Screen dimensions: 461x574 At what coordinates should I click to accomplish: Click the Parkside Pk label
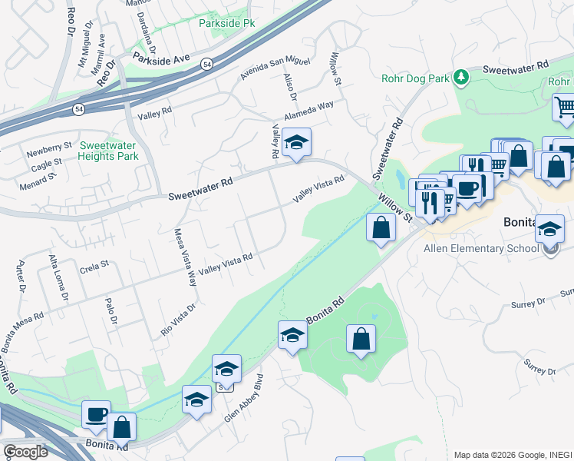point(226,24)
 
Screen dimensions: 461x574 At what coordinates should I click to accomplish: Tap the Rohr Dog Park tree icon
point(461,76)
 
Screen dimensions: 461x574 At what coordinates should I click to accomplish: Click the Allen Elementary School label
point(481,248)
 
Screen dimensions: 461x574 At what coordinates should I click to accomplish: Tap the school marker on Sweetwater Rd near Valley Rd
point(296,142)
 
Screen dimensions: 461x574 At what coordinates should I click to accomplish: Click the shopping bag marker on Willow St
point(381,227)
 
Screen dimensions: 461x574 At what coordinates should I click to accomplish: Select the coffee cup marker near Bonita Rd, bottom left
point(97,415)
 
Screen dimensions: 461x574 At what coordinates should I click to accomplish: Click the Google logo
point(25,452)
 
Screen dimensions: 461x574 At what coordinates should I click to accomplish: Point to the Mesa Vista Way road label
point(185,258)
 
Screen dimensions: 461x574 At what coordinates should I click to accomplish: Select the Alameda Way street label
point(309,111)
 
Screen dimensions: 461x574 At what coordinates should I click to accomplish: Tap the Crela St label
point(94,264)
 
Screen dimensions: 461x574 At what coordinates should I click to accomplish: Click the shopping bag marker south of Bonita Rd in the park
point(361,339)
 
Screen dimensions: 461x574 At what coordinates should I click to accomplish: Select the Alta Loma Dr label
point(58,277)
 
